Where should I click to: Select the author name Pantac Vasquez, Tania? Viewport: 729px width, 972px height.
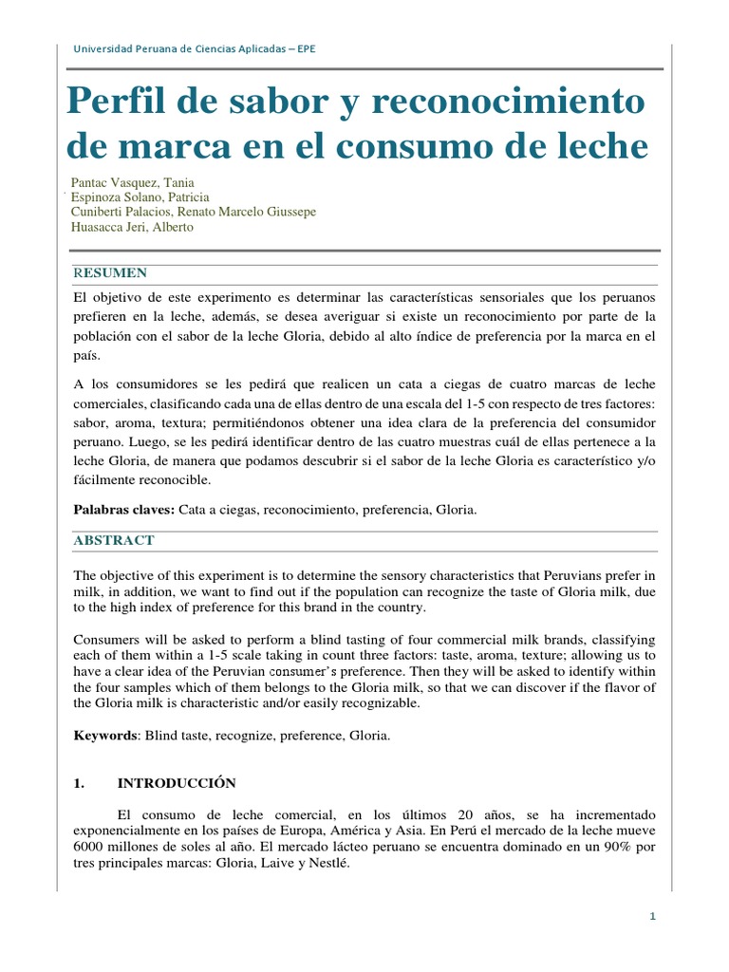tap(132, 182)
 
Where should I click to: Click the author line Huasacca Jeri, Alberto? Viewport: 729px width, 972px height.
tap(132, 227)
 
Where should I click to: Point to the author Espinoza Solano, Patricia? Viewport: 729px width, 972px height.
tap(140, 197)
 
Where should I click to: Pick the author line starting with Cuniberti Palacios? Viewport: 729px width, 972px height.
tap(194, 212)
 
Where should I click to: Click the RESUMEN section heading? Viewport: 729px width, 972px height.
tap(110, 273)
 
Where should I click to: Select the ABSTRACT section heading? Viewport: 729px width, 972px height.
tap(114, 540)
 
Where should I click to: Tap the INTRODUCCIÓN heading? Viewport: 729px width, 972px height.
tap(176, 784)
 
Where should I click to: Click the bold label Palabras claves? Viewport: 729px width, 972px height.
tap(123, 510)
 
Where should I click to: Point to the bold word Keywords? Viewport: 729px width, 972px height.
tap(106, 736)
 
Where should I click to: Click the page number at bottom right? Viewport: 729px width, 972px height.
tap(653, 916)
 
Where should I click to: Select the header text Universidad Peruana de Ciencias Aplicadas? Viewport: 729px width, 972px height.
tap(195, 49)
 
